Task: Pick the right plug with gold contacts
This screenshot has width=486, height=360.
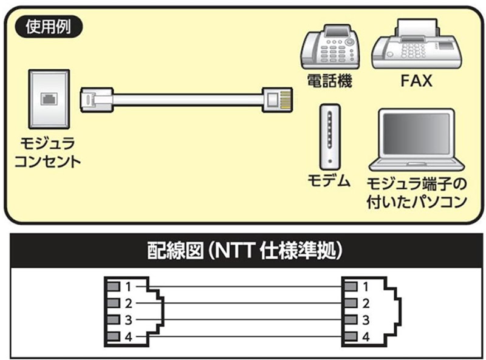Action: point(278,98)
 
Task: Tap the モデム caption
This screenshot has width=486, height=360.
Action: point(328,180)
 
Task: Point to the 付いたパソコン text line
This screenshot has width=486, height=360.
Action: point(417,201)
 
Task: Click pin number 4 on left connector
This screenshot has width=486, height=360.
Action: point(128,337)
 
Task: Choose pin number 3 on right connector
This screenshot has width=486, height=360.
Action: point(365,320)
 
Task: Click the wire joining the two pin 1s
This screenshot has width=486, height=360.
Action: point(243,286)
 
